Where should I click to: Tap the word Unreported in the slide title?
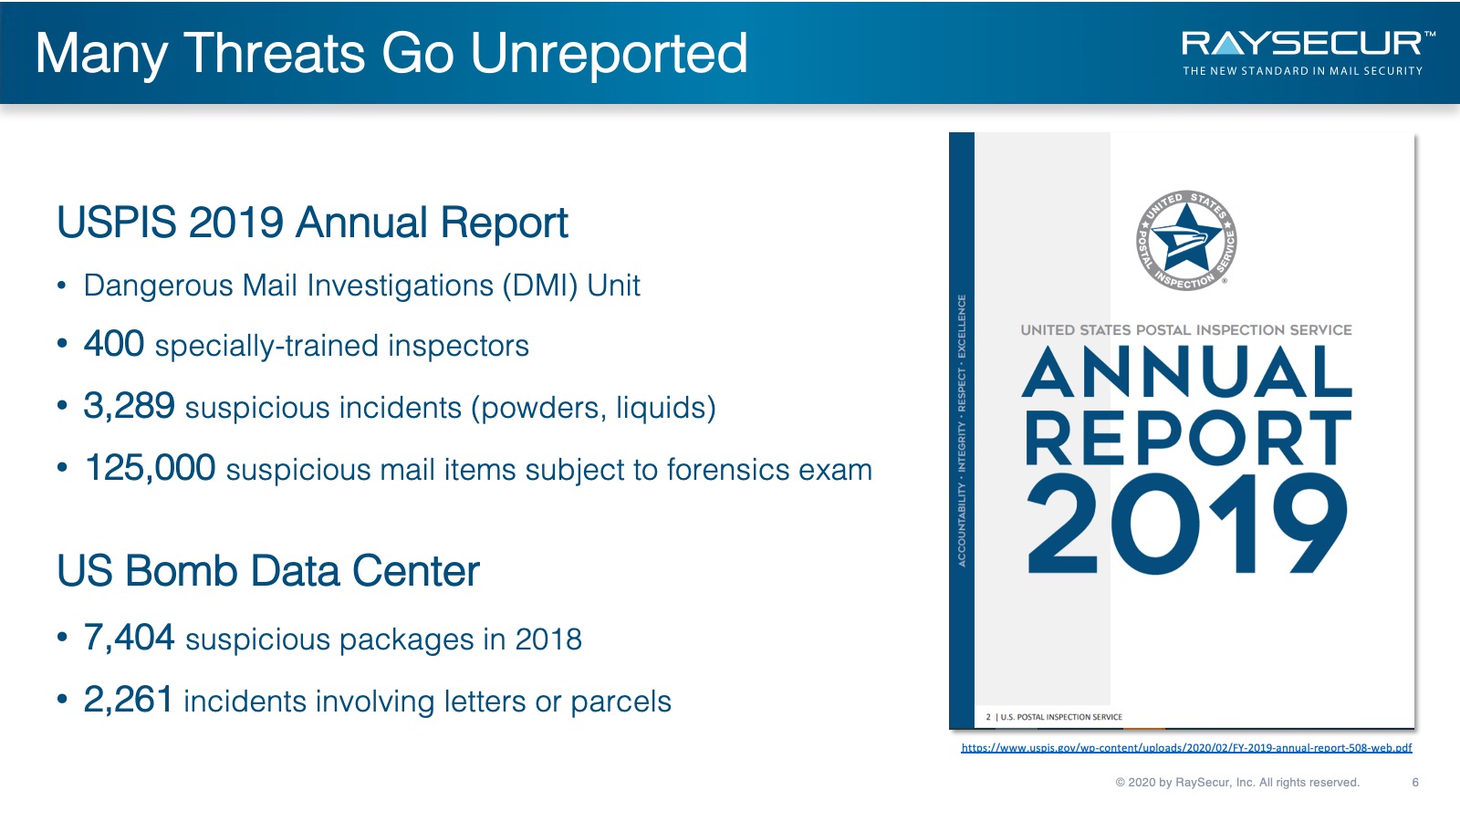(609, 54)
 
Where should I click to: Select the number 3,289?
(129, 406)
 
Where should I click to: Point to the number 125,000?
(150, 468)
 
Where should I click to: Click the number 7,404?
(129, 638)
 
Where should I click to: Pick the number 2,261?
(129, 699)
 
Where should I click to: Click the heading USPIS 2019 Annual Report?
(313, 223)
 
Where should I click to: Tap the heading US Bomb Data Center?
(268, 571)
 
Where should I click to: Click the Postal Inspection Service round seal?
(1186, 241)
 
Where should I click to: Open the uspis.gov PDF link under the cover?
(1186, 747)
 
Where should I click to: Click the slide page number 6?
(1415, 782)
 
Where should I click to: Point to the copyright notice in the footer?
(1237, 782)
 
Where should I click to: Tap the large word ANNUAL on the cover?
(1187, 372)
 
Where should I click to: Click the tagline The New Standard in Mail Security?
(1302, 71)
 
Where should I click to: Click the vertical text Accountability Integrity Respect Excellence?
(962, 431)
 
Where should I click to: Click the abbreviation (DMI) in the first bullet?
(539, 286)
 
